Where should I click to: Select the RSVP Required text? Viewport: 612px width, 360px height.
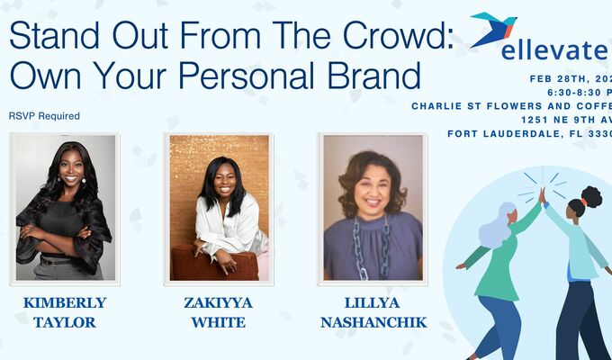point(44,115)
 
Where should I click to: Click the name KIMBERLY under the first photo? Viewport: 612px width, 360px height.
point(64,303)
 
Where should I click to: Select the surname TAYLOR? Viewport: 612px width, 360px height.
point(64,322)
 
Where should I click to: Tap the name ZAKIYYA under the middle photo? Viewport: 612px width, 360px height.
point(219,303)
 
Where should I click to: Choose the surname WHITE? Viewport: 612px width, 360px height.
point(219,322)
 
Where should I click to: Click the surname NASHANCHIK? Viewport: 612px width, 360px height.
point(373,322)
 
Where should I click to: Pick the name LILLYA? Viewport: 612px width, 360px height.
point(373,303)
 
